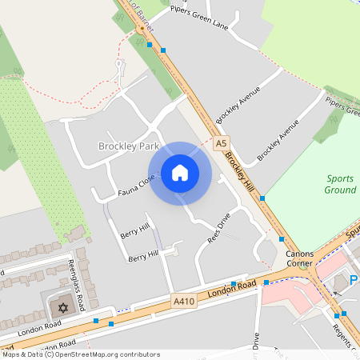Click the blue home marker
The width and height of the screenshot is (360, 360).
[180, 173]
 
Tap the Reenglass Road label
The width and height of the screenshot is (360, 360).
[80, 277]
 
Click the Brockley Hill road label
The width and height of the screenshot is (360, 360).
[242, 170]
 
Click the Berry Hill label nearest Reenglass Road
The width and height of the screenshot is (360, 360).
[143, 255]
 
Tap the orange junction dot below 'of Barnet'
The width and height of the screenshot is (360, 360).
[142, 29]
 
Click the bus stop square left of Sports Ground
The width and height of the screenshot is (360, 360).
[262, 198]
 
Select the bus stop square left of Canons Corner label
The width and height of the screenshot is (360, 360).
[281, 238]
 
